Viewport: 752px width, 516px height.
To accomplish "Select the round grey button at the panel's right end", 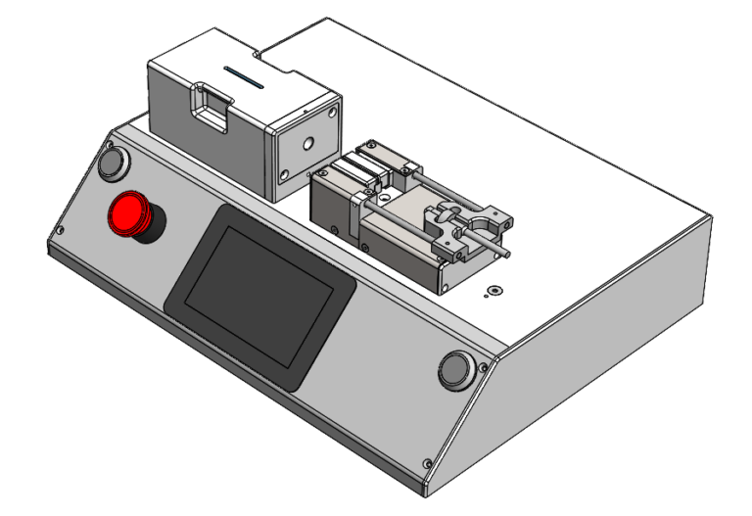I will coord(454,369).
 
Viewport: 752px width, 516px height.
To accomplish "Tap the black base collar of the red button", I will coord(147,231).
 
